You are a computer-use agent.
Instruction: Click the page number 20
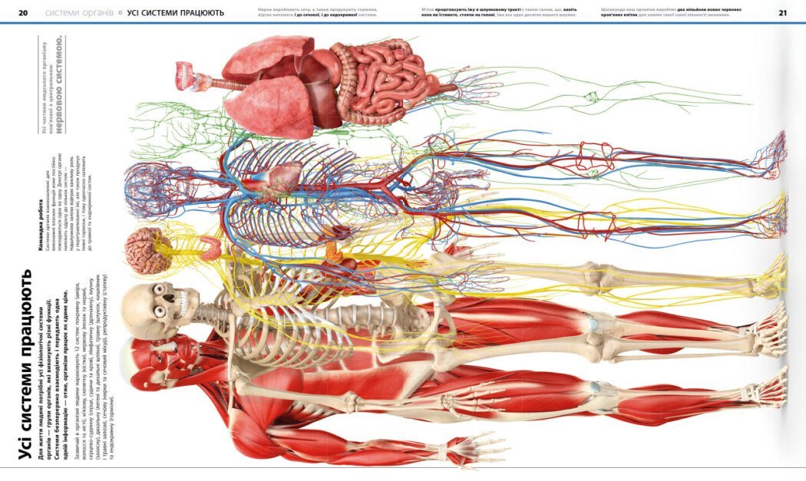[23, 13]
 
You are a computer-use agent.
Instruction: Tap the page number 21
[782, 13]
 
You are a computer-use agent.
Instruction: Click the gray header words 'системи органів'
[79, 13]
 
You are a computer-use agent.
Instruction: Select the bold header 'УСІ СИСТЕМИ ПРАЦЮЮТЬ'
[176, 13]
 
